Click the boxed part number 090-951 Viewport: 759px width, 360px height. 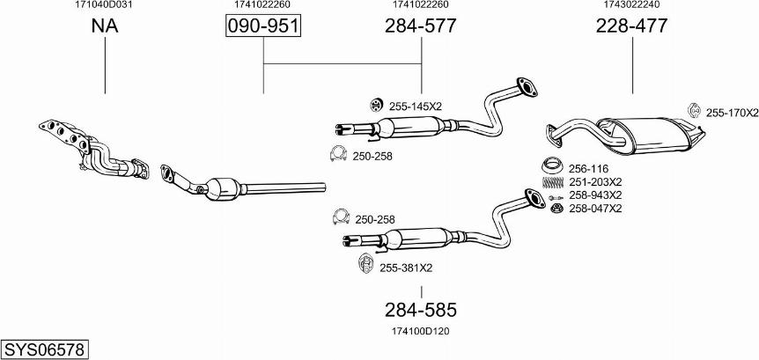[263, 26]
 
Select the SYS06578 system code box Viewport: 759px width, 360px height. [45, 349]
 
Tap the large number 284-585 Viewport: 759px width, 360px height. [421, 310]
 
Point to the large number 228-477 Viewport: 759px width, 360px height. [631, 26]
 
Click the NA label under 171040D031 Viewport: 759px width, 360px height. [105, 26]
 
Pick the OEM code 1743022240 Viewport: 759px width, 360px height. [631, 4]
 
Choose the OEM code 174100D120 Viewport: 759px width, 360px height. [421, 332]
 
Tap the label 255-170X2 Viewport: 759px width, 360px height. [732, 113]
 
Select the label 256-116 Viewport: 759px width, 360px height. [588, 169]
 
